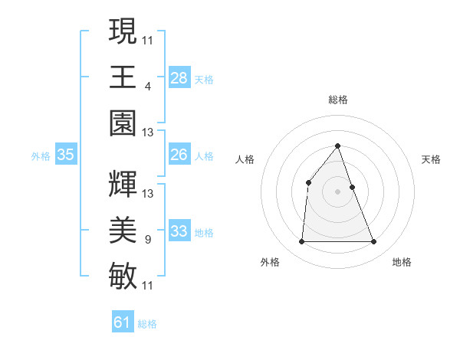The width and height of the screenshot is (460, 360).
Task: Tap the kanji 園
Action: point(123,123)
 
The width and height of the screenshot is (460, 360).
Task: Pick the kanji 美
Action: point(123,229)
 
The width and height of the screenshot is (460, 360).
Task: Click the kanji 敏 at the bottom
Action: point(123,275)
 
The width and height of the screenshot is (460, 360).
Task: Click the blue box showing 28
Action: point(179,78)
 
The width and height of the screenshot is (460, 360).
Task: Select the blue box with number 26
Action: point(179,155)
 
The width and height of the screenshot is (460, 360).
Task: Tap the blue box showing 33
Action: point(179,231)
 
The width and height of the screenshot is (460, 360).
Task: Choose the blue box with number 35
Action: point(66,155)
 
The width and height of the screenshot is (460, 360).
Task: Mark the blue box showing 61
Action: point(123,322)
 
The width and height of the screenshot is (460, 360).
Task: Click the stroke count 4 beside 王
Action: point(147,87)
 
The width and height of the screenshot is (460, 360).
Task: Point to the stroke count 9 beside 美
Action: point(147,240)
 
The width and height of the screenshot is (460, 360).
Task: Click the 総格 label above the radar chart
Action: point(337,100)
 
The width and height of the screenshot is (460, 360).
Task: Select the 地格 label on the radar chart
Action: point(402,262)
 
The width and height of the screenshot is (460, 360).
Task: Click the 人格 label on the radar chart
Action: point(245,159)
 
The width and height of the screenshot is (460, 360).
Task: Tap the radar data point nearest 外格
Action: point(301,242)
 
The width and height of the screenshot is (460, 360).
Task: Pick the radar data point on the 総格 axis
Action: point(337,146)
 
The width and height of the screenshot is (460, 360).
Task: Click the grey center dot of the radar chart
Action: point(337,191)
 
